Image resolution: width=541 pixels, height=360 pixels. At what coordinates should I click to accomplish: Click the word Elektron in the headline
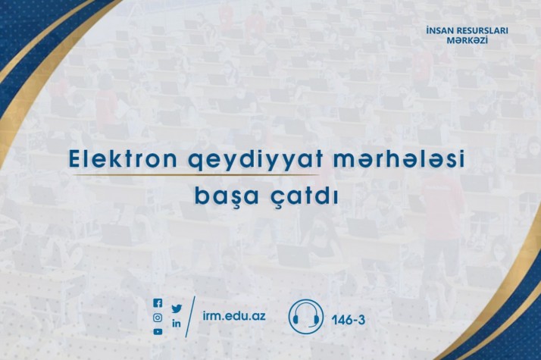[x=123, y=158]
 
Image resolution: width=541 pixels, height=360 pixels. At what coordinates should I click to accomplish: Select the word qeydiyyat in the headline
[x=255, y=161]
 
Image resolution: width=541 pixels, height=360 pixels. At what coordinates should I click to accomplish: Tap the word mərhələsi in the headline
[x=399, y=158]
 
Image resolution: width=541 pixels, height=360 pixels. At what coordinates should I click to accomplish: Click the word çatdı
[x=303, y=196]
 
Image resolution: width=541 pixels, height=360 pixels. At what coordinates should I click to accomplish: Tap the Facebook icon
[x=158, y=303]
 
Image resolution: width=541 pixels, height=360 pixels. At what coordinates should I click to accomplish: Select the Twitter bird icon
[x=177, y=308]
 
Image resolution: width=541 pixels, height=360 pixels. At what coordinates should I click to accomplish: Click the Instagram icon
[x=158, y=318]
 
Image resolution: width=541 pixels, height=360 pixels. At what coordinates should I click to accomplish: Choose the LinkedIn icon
[x=177, y=324]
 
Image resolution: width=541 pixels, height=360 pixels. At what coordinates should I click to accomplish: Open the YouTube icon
[x=158, y=332]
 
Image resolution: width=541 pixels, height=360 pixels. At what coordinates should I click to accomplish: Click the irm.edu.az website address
[x=234, y=315]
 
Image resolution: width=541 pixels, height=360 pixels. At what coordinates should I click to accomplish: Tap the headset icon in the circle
[x=306, y=317]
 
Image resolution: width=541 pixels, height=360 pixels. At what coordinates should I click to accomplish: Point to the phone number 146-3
[x=348, y=320]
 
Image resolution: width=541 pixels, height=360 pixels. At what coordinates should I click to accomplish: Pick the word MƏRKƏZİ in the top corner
[x=468, y=40]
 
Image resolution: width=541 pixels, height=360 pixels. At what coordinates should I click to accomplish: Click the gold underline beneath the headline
[x=195, y=175]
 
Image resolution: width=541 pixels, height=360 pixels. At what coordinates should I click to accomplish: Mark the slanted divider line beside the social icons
[x=190, y=317]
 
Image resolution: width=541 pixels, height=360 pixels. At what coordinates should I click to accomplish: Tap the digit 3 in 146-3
[x=361, y=320]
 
